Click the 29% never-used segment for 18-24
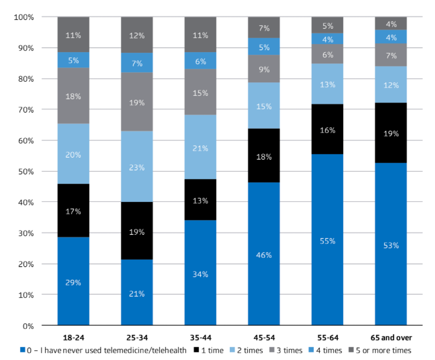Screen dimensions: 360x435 click(73, 281)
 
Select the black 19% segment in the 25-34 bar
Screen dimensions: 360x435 click(137, 231)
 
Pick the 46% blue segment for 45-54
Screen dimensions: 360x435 click(264, 254)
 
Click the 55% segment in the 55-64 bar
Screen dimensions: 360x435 click(327, 240)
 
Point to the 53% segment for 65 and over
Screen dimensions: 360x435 click(391, 244)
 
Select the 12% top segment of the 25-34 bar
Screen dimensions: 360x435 click(137, 35)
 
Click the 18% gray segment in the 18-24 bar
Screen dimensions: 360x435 click(73, 96)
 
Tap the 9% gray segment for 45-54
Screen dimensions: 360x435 click(264, 69)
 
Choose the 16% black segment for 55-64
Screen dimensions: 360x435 click(327, 130)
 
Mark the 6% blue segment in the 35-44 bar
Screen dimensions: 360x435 click(200, 60)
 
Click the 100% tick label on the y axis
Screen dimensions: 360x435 click(24, 17)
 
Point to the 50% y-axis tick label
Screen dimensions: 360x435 click(26, 171)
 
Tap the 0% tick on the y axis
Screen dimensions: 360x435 click(28, 326)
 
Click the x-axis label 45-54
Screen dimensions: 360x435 click(264, 338)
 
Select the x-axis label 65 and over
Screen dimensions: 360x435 click(391, 338)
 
